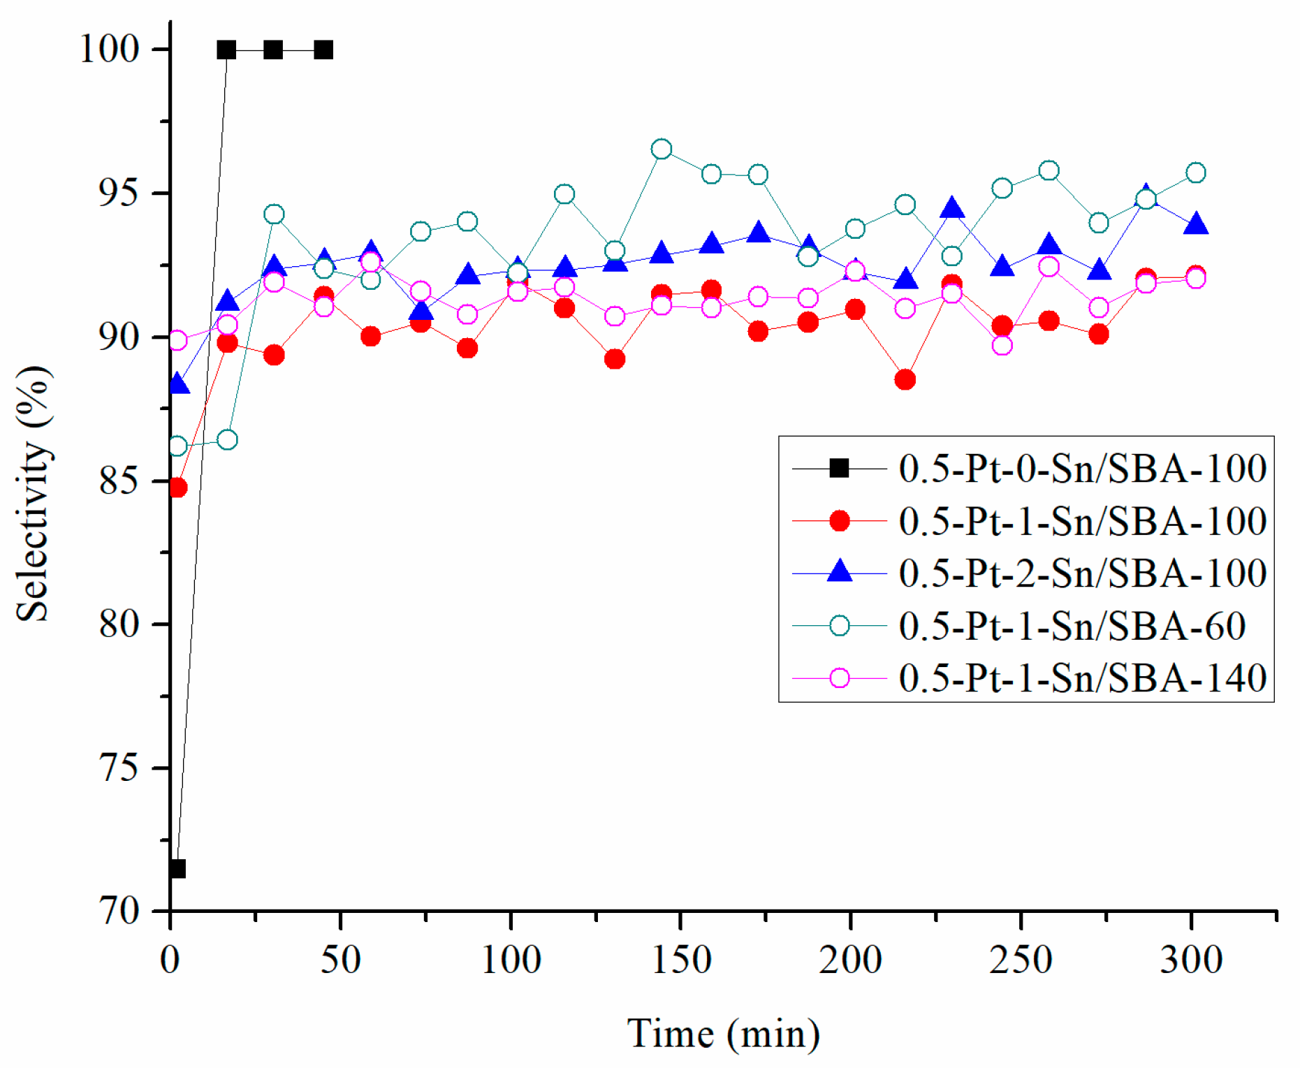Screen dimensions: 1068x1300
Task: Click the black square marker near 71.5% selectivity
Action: click(177, 869)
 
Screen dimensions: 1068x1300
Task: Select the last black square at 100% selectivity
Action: click(323, 50)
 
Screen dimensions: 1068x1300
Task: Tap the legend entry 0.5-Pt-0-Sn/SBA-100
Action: click(1082, 468)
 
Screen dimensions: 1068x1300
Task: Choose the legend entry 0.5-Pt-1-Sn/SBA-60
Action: click(1072, 625)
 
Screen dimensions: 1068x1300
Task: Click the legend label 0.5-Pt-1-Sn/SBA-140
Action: click(1082, 678)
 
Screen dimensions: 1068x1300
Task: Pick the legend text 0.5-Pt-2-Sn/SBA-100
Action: click(1082, 573)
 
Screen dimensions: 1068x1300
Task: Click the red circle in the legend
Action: click(839, 520)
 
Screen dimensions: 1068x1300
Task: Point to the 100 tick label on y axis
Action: click(110, 49)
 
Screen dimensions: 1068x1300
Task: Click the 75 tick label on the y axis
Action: click(119, 768)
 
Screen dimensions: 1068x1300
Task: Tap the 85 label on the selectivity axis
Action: click(119, 481)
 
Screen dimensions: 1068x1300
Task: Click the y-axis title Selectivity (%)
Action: click(34, 493)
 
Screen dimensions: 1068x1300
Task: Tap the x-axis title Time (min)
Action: click(723, 1034)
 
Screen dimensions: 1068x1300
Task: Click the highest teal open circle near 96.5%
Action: click(662, 149)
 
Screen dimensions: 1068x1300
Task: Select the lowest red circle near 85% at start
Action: click(177, 487)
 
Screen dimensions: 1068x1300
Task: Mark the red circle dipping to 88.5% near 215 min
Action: click(905, 379)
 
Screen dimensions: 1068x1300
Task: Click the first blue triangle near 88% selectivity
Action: click(178, 384)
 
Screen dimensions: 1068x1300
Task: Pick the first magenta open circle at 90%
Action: click(177, 340)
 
